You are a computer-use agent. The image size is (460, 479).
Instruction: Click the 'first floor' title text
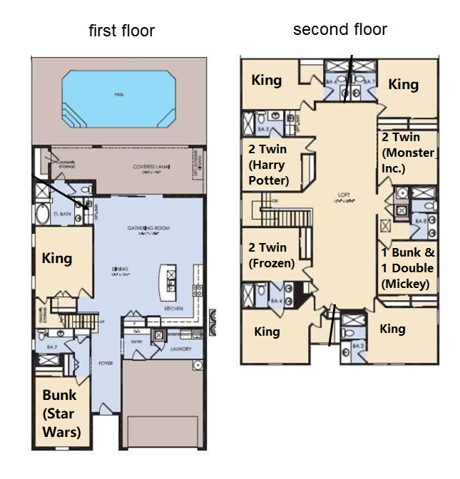click(121, 31)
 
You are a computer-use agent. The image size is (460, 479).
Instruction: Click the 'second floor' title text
click(340, 29)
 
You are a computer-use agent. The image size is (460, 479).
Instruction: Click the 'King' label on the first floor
click(57, 257)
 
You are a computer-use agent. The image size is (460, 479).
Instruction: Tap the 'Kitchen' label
click(174, 309)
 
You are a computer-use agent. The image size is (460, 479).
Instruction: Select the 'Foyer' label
click(106, 362)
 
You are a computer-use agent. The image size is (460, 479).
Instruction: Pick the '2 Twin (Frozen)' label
click(271, 255)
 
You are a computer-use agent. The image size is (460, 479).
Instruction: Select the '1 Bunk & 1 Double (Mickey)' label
click(409, 268)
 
